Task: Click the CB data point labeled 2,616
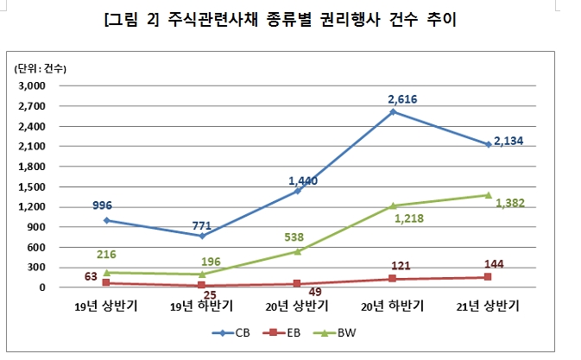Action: tap(393, 111)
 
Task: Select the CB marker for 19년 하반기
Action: tap(202, 236)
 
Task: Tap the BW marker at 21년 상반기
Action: tap(488, 195)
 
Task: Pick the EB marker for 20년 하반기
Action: tap(393, 279)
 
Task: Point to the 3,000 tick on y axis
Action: tap(31, 86)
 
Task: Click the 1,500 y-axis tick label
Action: tap(31, 186)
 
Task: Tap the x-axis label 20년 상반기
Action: tap(297, 306)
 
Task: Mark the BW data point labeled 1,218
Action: tap(393, 205)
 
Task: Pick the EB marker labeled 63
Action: tap(106, 282)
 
